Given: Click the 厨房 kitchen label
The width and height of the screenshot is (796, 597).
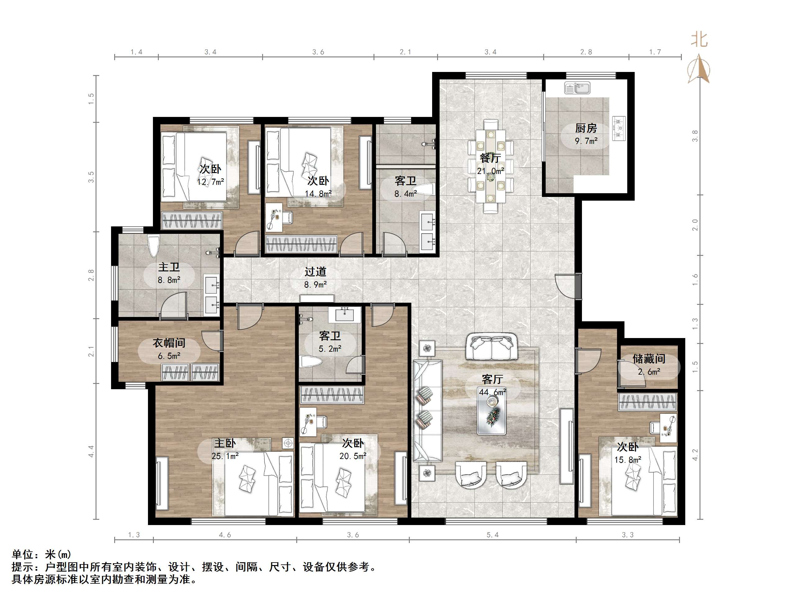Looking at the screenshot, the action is pyautogui.click(x=586, y=128).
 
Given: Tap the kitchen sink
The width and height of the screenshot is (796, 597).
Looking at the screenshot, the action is pyautogui.click(x=577, y=88).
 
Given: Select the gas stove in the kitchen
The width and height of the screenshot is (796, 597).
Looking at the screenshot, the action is pyautogui.click(x=619, y=128).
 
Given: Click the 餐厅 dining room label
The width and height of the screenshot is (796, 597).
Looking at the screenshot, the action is pyautogui.click(x=490, y=158).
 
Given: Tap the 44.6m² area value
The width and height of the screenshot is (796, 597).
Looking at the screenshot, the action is pyautogui.click(x=492, y=392).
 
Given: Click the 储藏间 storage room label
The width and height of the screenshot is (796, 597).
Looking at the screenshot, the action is pyautogui.click(x=649, y=359).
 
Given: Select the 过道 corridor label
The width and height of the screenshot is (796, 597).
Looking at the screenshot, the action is pyautogui.click(x=315, y=271).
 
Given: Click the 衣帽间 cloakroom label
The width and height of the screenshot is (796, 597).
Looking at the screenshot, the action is pyautogui.click(x=169, y=343).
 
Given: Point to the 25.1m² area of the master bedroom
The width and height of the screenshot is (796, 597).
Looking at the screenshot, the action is pyautogui.click(x=225, y=456).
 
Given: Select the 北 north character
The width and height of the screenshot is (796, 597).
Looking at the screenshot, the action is pyautogui.click(x=699, y=40).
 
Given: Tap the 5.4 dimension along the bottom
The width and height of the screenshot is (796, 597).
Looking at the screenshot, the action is pyautogui.click(x=492, y=535).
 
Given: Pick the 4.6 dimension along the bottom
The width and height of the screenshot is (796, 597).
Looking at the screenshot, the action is pyautogui.click(x=225, y=535).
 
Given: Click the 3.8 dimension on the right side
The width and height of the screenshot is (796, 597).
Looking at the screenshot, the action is pyautogui.click(x=695, y=136).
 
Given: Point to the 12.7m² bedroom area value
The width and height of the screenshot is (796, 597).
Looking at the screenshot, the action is pyautogui.click(x=211, y=182).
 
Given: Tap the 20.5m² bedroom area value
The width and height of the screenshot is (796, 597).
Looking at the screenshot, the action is pyautogui.click(x=353, y=456).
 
